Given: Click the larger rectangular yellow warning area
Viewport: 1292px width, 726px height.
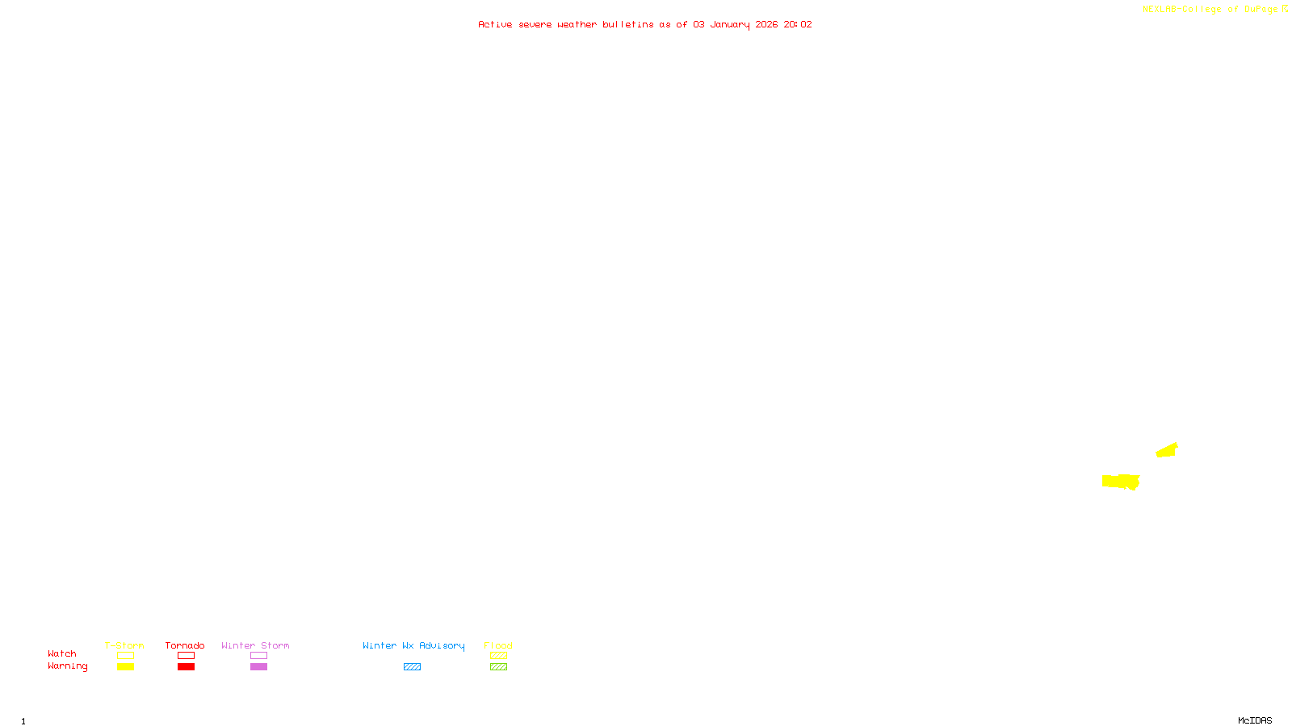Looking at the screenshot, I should tap(1120, 482).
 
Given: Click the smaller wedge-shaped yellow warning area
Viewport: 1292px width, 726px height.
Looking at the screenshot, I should tap(1167, 450).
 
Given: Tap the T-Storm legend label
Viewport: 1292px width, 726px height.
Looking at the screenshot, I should tap(124, 645).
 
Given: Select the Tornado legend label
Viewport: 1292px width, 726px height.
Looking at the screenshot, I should tap(185, 645).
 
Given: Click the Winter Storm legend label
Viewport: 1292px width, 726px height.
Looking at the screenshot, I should tap(255, 645).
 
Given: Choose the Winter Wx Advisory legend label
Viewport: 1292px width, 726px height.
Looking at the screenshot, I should tap(413, 645).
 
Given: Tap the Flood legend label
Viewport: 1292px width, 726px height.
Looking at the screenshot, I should tap(498, 645).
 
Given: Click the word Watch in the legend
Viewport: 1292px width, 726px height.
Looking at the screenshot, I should tap(62, 653).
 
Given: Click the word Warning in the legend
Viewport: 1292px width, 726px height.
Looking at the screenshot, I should tap(67, 666).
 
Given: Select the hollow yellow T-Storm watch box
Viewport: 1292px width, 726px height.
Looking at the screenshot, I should tap(125, 656).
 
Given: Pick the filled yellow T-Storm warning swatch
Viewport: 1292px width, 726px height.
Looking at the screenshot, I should tap(125, 667).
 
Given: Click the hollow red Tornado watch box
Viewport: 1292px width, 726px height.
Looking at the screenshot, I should tap(186, 656).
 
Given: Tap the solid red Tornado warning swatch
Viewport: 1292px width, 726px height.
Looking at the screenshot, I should tap(186, 667).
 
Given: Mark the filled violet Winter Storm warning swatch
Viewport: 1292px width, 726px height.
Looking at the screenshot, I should tap(258, 667).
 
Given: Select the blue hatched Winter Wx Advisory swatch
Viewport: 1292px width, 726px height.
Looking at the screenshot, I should tap(412, 667).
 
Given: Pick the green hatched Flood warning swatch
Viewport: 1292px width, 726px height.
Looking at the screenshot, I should tap(498, 667).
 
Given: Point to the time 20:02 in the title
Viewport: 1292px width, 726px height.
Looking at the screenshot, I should tap(798, 24).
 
